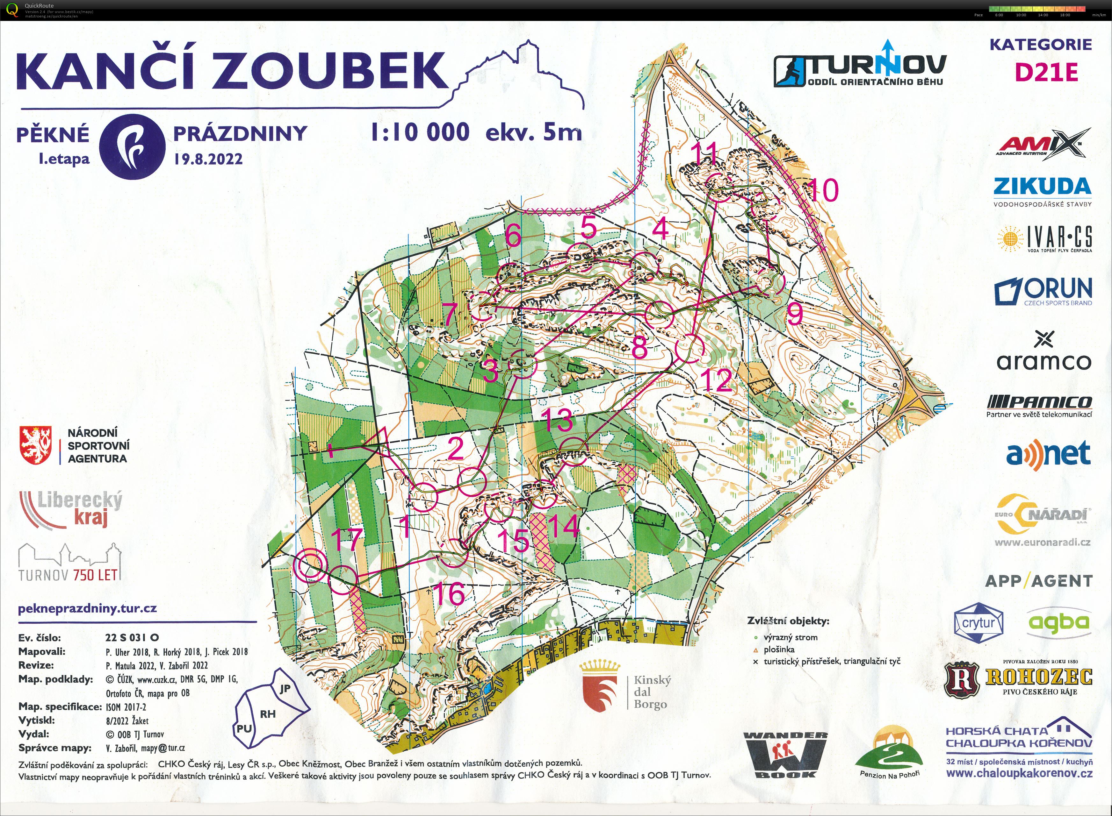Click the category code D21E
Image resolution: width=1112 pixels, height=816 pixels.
click(x=1046, y=73)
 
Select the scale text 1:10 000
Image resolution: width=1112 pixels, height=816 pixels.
click(x=420, y=132)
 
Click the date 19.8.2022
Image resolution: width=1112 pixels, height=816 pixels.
click(x=208, y=159)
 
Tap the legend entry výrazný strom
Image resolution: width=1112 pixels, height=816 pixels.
click(x=790, y=637)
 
